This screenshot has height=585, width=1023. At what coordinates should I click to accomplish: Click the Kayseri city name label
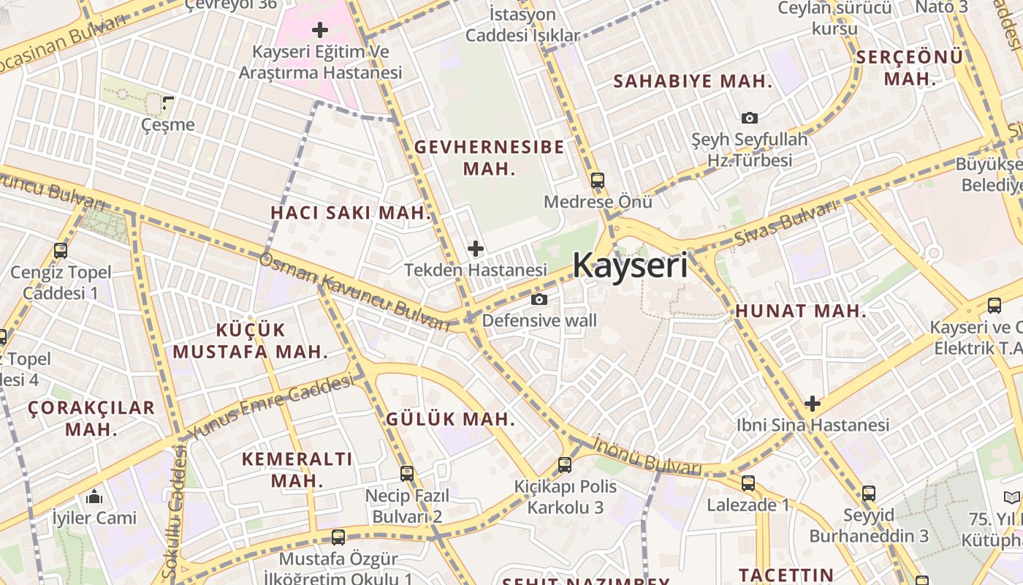pos(630,265)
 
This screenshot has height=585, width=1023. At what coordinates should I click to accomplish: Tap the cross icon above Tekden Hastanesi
pos(476,249)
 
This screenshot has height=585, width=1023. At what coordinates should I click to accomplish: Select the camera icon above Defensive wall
pos(539,299)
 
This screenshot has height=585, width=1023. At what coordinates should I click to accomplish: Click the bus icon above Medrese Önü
pos(598,180)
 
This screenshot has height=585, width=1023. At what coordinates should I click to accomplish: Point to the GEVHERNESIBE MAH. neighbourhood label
pos(489,157)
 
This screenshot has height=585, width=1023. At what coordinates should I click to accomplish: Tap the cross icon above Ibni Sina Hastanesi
pos(812,404)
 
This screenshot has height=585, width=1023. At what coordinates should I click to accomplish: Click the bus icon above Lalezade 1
pos(748,483)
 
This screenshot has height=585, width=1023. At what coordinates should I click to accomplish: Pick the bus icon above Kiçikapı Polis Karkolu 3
pos(564,465)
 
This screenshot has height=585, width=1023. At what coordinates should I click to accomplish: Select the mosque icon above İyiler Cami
pos(94,497)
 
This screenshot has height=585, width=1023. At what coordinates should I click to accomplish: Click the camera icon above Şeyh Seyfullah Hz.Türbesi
pos(749,118)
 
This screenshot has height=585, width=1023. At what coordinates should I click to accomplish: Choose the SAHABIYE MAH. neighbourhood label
pos(692,81)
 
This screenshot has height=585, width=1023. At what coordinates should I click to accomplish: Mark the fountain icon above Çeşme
pos(168,103)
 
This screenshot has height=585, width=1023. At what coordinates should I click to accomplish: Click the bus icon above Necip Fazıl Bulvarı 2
pos(407,474)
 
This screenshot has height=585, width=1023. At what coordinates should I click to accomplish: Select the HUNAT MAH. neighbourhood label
pos(801,311)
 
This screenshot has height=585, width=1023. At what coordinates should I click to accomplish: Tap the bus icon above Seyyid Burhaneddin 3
pos(868,494)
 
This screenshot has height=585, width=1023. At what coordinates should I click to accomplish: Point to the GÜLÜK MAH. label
pos(450,420)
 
